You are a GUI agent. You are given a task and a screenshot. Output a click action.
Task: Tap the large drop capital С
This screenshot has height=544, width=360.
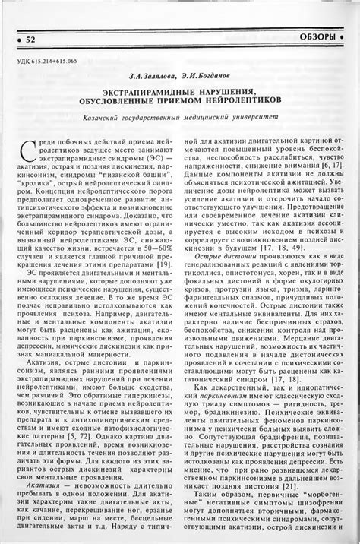coord(28,147)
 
